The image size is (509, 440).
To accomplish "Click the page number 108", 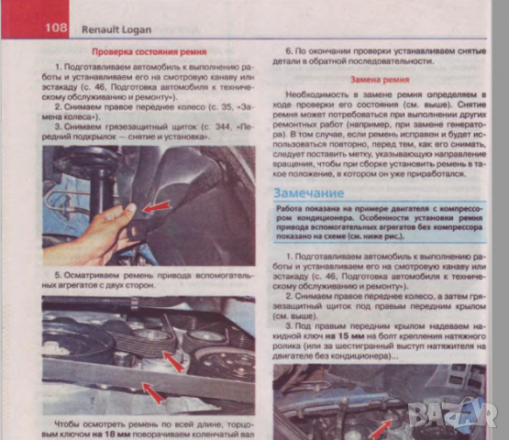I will (57, 27).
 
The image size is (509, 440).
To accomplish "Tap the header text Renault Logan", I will (116, 27).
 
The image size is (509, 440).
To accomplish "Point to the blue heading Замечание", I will (309, 193).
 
